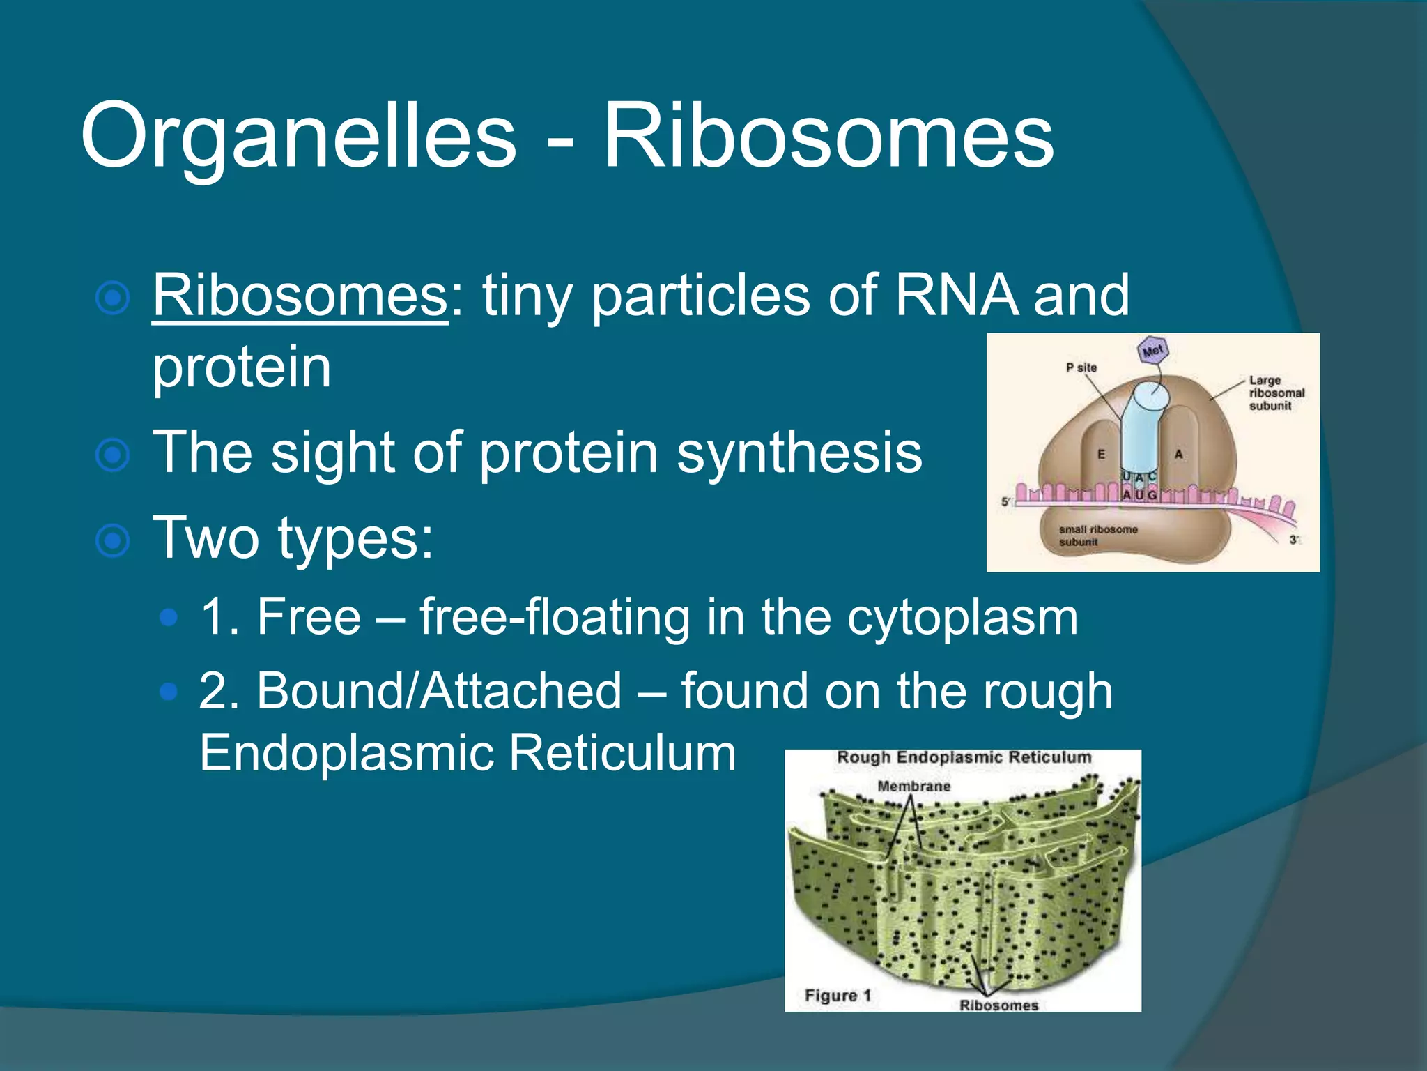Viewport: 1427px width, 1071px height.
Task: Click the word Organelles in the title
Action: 298,136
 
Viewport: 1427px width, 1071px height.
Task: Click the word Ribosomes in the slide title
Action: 828,136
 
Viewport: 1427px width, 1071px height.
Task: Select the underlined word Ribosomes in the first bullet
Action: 300,296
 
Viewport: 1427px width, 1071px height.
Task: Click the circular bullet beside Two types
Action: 112,541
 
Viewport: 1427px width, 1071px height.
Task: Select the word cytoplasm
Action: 962,618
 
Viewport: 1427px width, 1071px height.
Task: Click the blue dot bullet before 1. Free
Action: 169,617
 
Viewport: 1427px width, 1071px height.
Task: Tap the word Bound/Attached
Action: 439,692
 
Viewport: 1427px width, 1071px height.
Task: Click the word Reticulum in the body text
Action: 622,753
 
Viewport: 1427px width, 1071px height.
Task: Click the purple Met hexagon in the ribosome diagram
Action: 1152,350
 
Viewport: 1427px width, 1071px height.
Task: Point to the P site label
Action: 1081,367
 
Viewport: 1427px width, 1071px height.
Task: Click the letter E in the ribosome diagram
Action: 1101,455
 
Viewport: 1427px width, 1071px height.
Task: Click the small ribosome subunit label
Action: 1097,535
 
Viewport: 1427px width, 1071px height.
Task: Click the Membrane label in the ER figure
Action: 913,787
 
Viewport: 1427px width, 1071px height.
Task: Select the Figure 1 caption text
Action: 838,996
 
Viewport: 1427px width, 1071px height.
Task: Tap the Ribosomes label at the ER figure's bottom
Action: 998,1005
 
